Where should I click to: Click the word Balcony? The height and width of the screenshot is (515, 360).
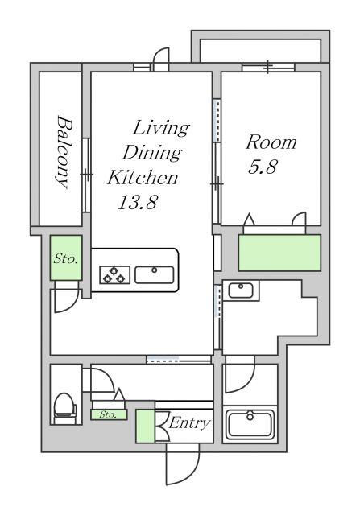(x=63, y=152)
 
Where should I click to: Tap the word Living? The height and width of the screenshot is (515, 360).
(x=161, y=128)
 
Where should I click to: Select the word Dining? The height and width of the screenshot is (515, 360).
(x=152, y=153)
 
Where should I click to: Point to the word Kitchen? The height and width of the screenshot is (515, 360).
(x=143, y=177)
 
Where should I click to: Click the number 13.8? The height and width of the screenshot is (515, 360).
(x=138, y=202)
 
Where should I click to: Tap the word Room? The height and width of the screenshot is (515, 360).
(x=271, y=142)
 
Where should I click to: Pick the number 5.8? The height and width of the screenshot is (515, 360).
(x=263, y=167)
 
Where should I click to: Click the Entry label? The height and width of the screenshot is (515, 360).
(x=189, y=422)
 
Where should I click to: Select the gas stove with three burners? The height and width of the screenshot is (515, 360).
(x=114, y=275)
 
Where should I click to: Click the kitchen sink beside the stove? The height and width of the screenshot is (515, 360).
(x=154, y=275)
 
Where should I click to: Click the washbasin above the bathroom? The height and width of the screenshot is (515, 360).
(x=241, y=290)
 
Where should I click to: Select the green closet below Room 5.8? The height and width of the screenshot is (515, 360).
(x=279, y=253)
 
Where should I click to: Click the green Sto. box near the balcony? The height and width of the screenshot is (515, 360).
(x=66, y=257)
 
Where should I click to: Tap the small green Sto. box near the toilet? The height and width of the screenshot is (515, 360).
(x=109, y=414)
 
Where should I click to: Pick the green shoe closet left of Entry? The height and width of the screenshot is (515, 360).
(x=145, y=426)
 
